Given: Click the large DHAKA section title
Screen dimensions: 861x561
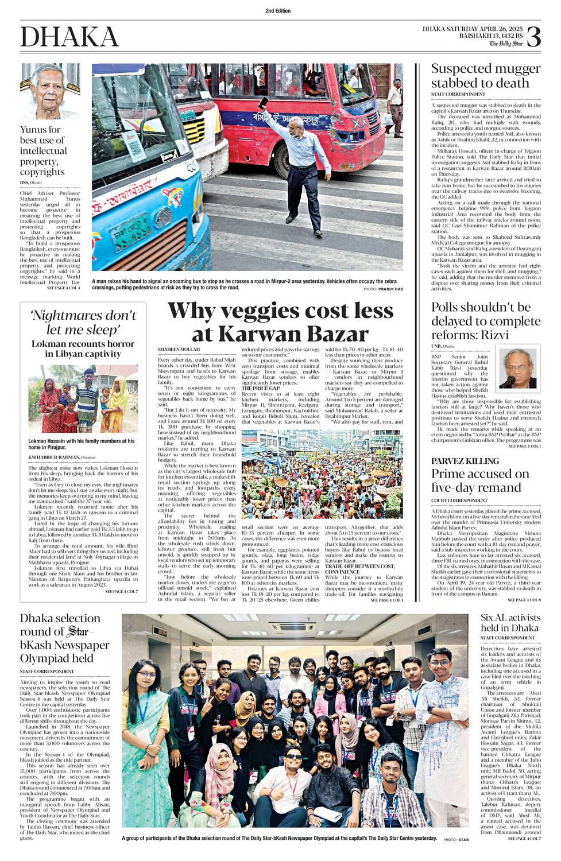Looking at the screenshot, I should tap(69, 37).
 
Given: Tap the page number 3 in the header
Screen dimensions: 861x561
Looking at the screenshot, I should tap(533, 36).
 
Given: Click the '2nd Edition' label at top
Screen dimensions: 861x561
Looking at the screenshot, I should tap(278, 11).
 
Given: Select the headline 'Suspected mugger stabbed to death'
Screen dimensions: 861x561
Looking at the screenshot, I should tap(486, 76).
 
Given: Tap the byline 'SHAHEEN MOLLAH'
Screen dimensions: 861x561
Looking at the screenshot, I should tap(179, 349).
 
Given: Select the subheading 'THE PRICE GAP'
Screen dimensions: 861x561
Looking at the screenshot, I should tap(261, 389).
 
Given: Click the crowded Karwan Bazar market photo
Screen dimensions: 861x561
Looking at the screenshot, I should tap(322, 475).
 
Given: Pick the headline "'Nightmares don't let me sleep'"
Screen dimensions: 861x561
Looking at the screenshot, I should tap(83, 322).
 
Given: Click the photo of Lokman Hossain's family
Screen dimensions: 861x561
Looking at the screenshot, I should tap(83, 398).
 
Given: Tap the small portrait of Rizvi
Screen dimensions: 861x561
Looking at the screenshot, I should tap(517, 368).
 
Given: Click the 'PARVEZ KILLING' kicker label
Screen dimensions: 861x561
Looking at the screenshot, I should tap(465, 461).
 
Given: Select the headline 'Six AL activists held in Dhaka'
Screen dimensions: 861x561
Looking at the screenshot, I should tap(510, 623).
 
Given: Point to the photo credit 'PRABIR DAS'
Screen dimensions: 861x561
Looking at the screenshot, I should tap(390, 289).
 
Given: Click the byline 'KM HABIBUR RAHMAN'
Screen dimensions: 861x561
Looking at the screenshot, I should tap(55, 457).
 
